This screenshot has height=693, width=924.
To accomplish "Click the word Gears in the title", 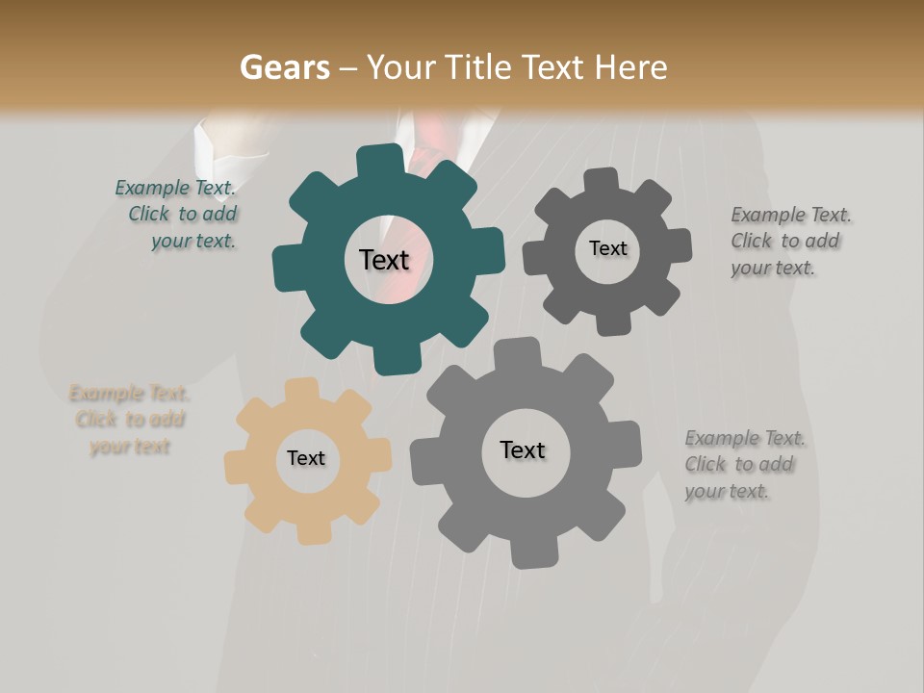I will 284,68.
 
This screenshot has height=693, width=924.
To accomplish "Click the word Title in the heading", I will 480,68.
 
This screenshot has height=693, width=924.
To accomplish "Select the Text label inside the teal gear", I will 384,260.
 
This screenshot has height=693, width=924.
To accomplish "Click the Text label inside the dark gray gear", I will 607,248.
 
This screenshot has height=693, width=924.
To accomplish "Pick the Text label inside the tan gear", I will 306,459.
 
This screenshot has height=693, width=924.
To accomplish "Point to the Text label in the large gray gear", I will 523,450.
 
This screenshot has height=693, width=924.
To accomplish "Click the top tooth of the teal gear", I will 379,160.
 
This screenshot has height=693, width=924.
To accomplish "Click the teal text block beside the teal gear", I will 178,215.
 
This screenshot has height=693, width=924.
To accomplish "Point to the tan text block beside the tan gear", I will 129,420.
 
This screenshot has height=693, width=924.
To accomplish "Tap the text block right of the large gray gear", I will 744,465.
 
